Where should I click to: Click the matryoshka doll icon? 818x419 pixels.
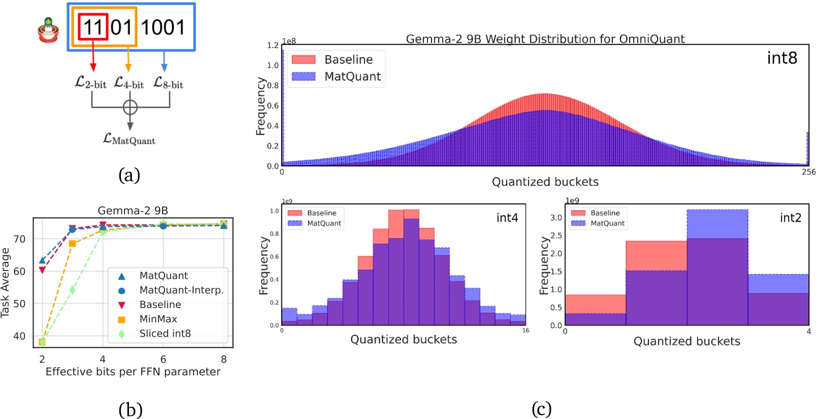coord(48,29)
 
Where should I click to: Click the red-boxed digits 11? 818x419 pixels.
coord(93,27)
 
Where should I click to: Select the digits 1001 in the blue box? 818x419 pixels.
coord(163,27)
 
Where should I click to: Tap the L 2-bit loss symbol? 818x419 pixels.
coord(90,82)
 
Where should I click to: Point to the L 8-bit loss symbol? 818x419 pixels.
coord(168,82)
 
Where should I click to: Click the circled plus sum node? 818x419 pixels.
coord(130,107)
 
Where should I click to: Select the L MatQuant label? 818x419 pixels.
coord(129,139)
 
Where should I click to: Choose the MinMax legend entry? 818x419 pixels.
coord(158,319)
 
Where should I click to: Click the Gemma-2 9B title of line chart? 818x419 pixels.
coord(133,211)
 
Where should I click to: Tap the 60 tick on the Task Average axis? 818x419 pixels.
coord(19,271)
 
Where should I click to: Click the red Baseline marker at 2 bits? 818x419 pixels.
coord(42,270)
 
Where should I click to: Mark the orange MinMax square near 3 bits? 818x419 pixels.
coord(72,244)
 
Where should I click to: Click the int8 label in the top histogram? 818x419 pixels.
coord(781,58)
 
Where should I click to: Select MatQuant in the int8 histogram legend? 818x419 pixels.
coord(352,76)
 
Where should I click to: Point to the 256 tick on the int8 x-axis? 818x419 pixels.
coord(808,172)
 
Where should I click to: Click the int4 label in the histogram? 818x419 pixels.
coord(507,218)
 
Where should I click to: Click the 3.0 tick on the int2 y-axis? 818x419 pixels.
coord(556,218)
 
